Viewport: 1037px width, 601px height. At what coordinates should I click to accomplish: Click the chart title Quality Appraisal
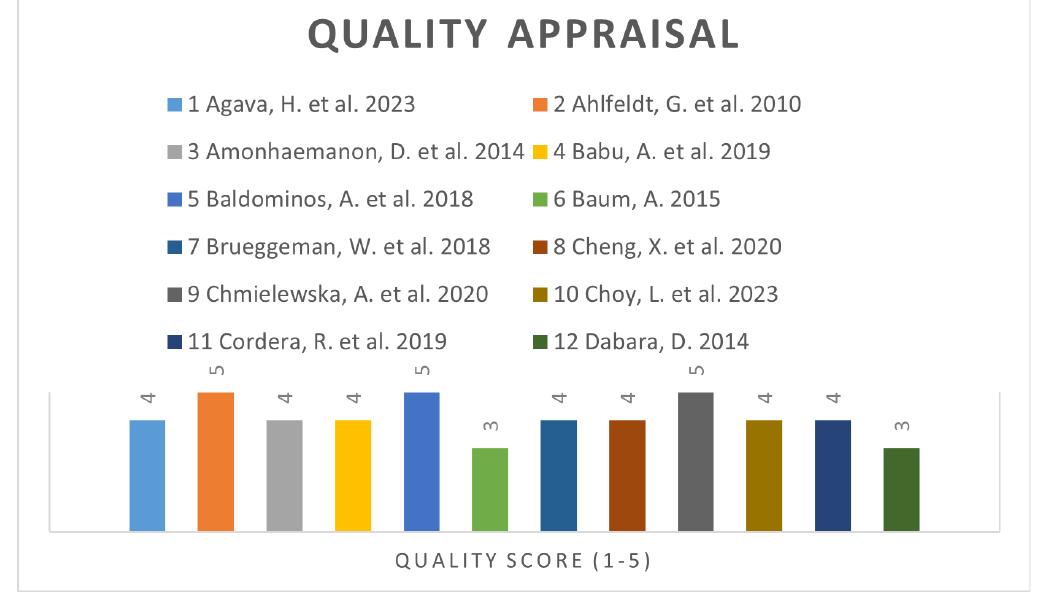click(x=523, y=36)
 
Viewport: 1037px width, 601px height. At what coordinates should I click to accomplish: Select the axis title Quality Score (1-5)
click(x=523, y=561)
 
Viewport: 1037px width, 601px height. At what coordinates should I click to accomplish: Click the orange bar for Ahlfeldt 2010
click(x=215, y=461)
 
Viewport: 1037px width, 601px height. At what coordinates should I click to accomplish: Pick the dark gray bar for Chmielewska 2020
click(x=696, y=461)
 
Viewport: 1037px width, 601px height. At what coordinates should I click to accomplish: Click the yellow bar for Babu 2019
click(x=352, y=475)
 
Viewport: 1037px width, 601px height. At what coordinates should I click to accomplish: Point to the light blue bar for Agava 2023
click(x=147, y=475)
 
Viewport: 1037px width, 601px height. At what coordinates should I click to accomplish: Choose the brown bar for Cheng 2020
click(x=627, y=475)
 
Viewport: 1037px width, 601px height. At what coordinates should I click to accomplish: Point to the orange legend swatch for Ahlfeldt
click(x=540, y=105)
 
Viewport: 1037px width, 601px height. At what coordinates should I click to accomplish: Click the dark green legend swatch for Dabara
click(x=540, y=343)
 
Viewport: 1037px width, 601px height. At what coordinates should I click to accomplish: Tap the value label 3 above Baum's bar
click(x=490, y=427)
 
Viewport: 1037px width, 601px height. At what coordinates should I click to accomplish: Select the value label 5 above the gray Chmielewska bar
click(x=696, y=371)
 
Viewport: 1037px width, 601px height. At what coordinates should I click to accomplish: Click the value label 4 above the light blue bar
click(x=147, y=399)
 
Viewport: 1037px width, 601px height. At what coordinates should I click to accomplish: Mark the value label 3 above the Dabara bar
click(x=902, y=427)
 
